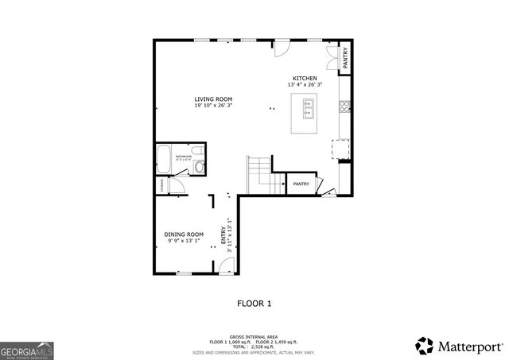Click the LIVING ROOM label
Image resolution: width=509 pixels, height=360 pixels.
[x=214, y=99]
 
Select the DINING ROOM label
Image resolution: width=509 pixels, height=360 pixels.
[x=184, y=234]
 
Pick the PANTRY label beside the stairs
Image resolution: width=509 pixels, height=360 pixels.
[x=301, y=184]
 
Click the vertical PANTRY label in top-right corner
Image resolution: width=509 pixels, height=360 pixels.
[x=345, y=58]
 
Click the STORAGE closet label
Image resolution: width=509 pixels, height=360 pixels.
[x=162, y=187]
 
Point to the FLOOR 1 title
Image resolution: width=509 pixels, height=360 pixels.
[x=254, y=303]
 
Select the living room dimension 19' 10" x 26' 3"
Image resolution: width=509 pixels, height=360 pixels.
[x=214, y=106]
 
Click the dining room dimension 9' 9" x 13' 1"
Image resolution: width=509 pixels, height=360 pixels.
[x=184, y=241]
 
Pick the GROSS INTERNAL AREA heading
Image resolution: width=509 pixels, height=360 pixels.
[x=254, y=335]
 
